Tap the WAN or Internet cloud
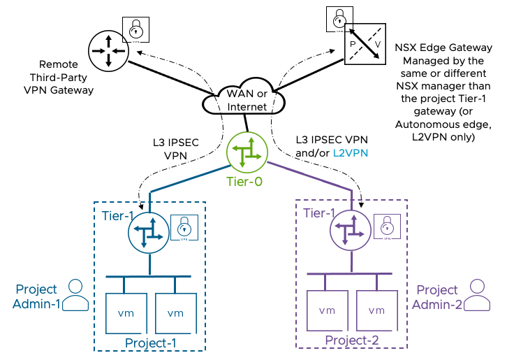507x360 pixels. [x=246, y=101]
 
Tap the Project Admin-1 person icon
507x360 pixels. [x=76, y=295]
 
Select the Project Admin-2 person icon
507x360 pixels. [x=478, y=295]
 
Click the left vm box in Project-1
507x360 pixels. [x=124, y=312]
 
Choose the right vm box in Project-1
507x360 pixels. [x=175, y=312]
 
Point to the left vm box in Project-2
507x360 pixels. [x=326, y=310]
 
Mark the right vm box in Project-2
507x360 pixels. [x=376, y=310]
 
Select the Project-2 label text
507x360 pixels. [x=352, y=340]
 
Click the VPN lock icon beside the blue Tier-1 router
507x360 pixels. [x=183, y=228]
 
